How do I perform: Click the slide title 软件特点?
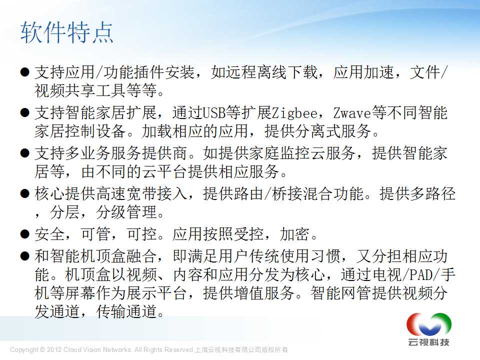pyautogui.click(x=66, y=32)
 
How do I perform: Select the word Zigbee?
pyautogui.click(x=295, y=113)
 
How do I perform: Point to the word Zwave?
pyautogui.click(x=352, y=113)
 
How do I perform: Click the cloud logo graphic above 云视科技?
pyautogui.click(x=429, y=324)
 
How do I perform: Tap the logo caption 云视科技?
pyautogui.click(x=429, y=342)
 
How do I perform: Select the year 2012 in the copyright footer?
pyautogui.click(x=54, y=349)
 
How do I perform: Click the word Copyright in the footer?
pyautogui.click(x=24, y=350)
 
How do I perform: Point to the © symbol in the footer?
pyautogui.click(x=42, y=349)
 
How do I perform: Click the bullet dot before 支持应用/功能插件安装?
pyautogui.click(x=25, y=72)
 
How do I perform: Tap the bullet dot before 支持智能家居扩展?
pyautogui.click(x=25, y=113)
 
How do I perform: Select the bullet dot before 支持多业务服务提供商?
pyautogui.click(x=25, y=153)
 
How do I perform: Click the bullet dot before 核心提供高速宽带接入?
pyautogui.click(x=25, y=193)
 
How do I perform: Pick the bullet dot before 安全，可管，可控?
pyautogui.click(x=25, y=234)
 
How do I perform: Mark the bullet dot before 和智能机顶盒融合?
pyautogui.click(x=25, y=256)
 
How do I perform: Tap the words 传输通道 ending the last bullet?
pyautogui.click(x=126, y=311)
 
